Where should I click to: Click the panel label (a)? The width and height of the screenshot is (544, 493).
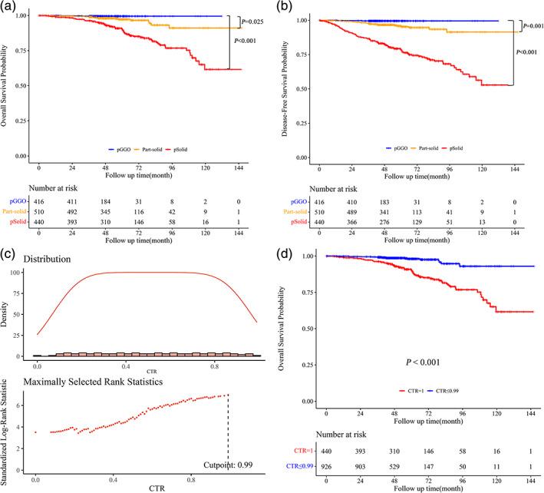[x=9, y=8]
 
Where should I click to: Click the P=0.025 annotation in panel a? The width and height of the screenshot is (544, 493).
[x=251, y=22]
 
